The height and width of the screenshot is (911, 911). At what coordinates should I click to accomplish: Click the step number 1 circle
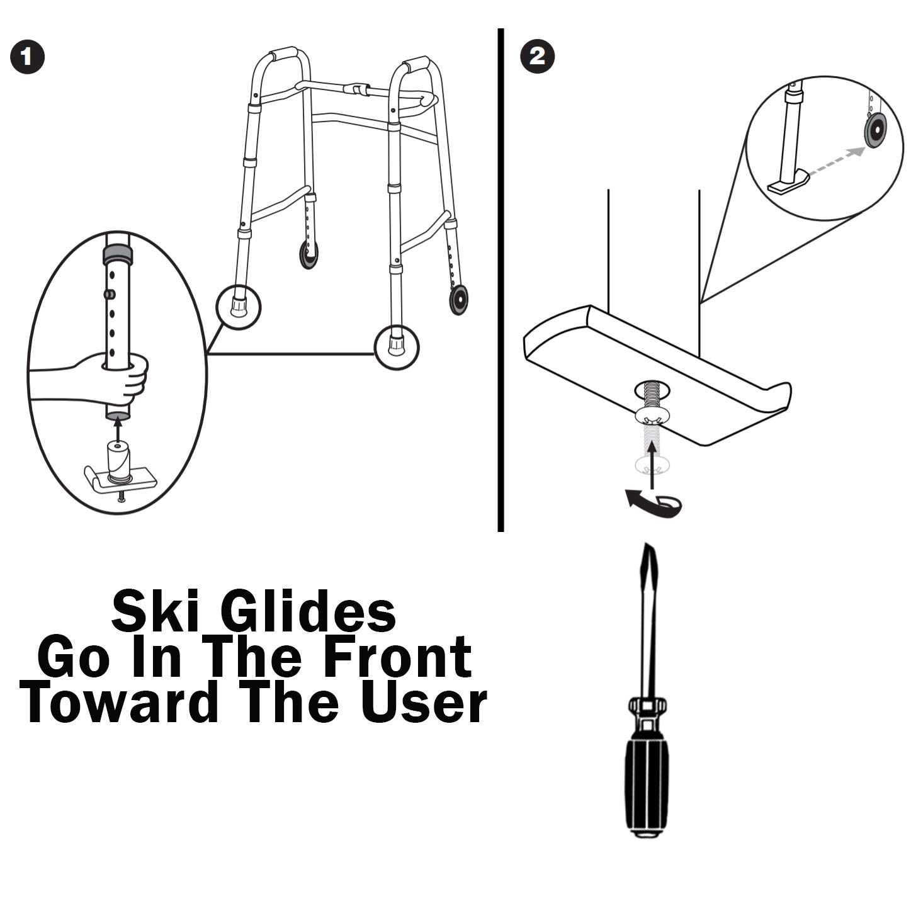pyautogui.click(x=28, y=57)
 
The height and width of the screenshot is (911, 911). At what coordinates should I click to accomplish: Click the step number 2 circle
pyautogui.click(x=538, y=57)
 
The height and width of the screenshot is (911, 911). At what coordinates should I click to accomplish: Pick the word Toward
pyautogui.click(x=118, y=701)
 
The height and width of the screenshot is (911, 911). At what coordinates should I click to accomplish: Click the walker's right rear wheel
pyautogui.click(x=458, y=299)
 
